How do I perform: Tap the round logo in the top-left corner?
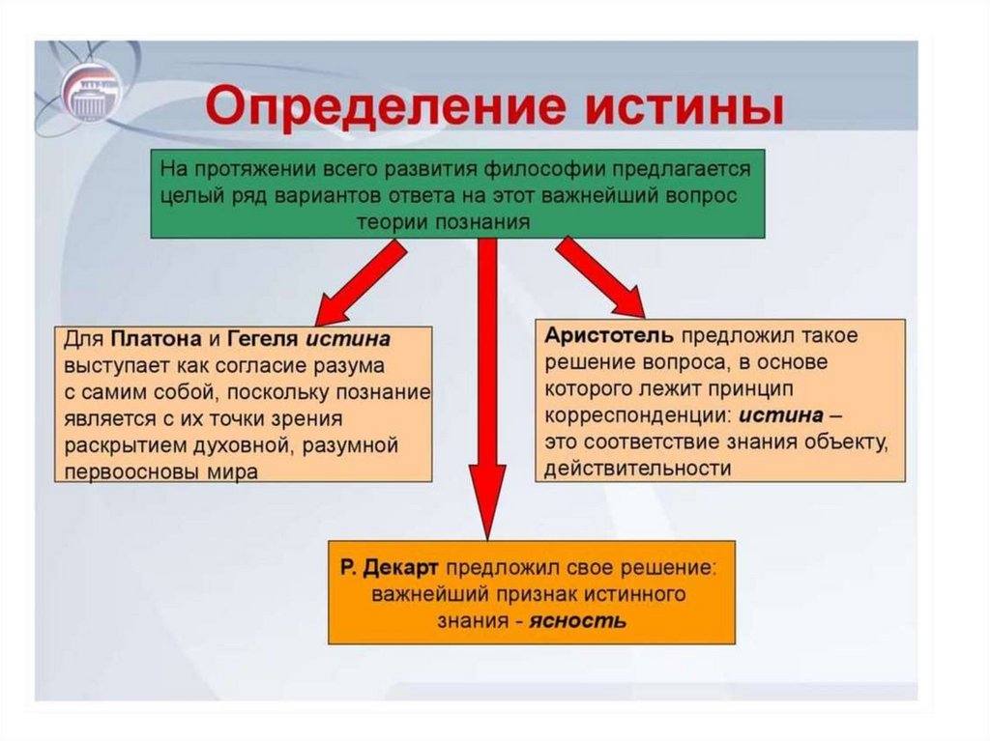point(90,92)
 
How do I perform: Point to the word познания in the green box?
point(482,221)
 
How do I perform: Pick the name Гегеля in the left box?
point(263,340)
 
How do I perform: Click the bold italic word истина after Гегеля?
point(350,340)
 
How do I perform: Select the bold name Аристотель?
point(608,335)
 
